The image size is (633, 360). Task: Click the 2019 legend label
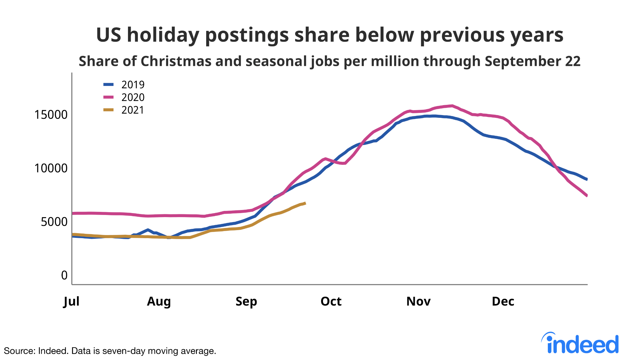point(133,85)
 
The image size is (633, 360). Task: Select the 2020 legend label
point(133,97)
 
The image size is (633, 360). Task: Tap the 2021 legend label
point(133,110)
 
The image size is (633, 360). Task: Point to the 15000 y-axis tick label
point(51,115)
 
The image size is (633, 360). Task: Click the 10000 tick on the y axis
point(51,168)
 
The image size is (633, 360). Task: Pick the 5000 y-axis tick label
point(54,222)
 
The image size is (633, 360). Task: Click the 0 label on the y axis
point(64,275)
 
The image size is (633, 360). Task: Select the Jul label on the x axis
point(72,301)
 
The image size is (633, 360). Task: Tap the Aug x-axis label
point(159,301)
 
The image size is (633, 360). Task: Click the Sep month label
point(246,301)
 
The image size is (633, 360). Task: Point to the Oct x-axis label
point(331,301)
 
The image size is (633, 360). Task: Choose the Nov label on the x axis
point(418,301)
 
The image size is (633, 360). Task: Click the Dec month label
point(503,301)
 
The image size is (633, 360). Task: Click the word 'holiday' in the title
point(163,35)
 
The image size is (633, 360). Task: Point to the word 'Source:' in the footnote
point(19,351)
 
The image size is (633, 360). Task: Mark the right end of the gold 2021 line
point(305,203)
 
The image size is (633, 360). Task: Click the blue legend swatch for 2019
point(108,84)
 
